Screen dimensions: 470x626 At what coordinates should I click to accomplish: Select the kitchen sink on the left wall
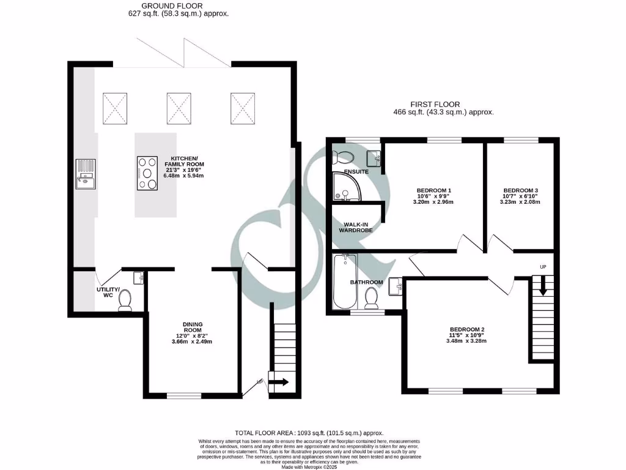86,173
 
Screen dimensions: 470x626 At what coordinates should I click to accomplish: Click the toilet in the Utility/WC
125,300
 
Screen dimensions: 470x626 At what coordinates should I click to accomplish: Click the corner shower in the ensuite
344,187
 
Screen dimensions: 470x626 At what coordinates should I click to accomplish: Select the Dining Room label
193,327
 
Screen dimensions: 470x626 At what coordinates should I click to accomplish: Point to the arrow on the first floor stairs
543,286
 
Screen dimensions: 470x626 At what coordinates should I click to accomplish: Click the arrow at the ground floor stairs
281,382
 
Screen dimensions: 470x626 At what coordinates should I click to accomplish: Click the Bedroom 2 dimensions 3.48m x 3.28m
466,341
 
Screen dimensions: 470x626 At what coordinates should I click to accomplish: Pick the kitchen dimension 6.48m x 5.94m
184,176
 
